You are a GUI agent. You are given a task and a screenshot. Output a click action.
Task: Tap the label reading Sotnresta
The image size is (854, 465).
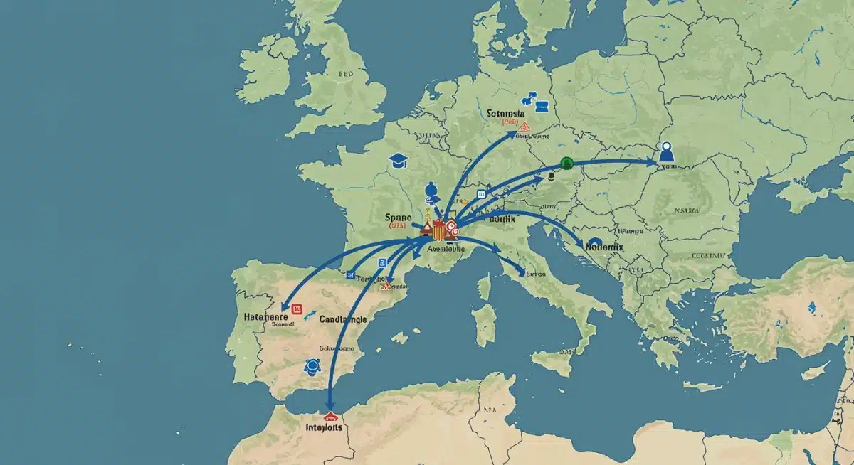[x=507, y=113]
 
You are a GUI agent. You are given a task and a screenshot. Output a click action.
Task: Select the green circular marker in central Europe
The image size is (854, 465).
[x=566, y=163]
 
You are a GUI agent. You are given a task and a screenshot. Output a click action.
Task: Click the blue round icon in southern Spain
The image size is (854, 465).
[x=311, y=366]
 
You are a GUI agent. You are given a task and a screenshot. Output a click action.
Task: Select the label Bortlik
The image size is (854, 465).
[x=507, y=221]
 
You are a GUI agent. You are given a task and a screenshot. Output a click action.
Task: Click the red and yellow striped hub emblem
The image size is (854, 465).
[x=438, y=229]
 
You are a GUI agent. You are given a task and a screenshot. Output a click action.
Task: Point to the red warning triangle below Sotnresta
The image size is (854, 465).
[x=524, y=127]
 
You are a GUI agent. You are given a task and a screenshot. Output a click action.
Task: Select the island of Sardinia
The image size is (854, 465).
[x=485, y=324]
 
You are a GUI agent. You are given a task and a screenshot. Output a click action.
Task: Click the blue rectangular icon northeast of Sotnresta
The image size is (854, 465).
[x=542, y=107]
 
